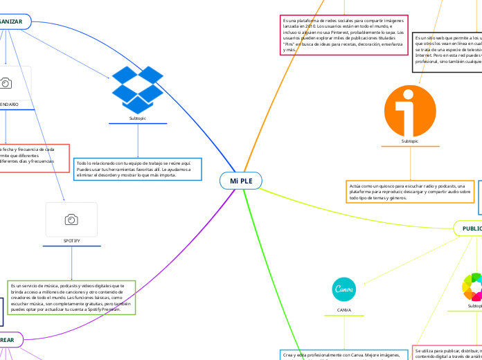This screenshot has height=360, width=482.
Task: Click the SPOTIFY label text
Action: click(x=71, y=240)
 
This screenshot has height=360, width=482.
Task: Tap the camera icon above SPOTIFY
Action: click(x=71, y=219)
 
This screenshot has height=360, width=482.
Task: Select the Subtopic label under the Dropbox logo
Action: click(x=138, y=118)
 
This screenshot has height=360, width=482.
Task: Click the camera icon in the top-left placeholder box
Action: click(x=6, y=83)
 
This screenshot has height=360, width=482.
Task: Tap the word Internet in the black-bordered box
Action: click(x=423, y=56)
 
